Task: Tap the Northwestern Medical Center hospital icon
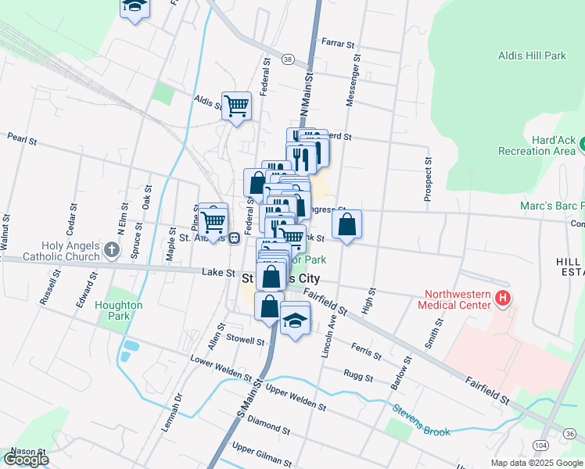pyautogui.click(x=504, y=298)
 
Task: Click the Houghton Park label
pyautogui.click(x=118, y=310)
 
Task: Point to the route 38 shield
pyautogui.click(x=288, y=59)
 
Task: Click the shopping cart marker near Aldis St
pyautogui.click(x=236, y=106)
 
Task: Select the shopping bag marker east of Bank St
pyautogui.click(x=346, y=224)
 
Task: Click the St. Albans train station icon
pyautogui.click(x=234, y=238)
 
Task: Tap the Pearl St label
pyautogui.click(x=22, y=140)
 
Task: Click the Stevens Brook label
pyautogui.click(x=422, y=419)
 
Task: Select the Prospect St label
pyautogui.click(x=428, y=179)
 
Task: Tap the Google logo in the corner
pyautogui.click(x=26, y=460)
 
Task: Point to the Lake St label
pyautogui.click(x=218, y=273)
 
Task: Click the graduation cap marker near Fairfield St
pyautogui.click(x=295, y=320)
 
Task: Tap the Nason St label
pyautogui.click(x=23, y=451)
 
